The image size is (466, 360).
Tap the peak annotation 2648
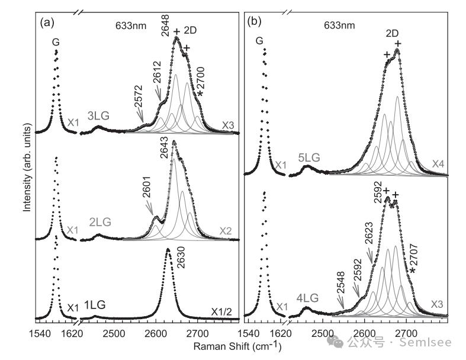166,27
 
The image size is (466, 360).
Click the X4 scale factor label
438,163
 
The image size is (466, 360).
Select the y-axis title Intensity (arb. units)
26,169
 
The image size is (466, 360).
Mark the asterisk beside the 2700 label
200,94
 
